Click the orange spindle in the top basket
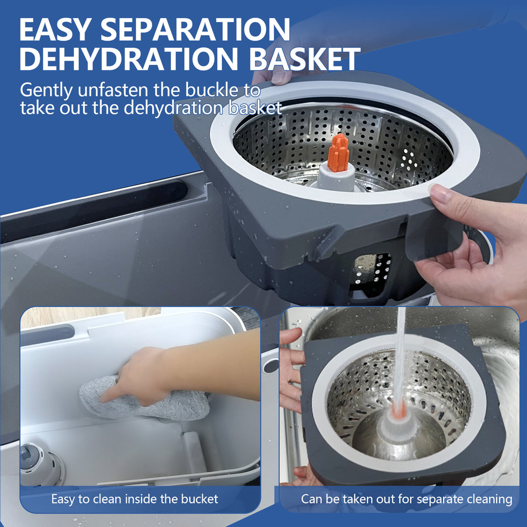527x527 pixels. point(338,153)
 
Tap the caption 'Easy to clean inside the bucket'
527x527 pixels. point(134,499)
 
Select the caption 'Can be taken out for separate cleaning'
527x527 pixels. point(406,499)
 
